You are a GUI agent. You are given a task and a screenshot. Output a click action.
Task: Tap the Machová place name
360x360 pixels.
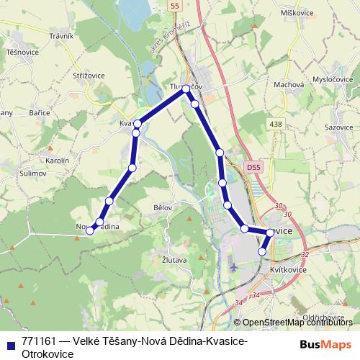(288, 84)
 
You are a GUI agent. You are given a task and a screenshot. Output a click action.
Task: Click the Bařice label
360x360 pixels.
(39, 112)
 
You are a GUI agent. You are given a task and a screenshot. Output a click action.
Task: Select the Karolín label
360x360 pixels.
(56, 160)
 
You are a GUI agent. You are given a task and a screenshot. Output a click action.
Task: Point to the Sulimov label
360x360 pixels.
(32, 174)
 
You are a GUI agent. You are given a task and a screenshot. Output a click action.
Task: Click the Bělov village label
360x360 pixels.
(163, 207)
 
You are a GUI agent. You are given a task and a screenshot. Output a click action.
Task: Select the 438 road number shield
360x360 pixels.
(296, 125)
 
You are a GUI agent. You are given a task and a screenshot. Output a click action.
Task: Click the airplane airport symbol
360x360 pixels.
(233, 267)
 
